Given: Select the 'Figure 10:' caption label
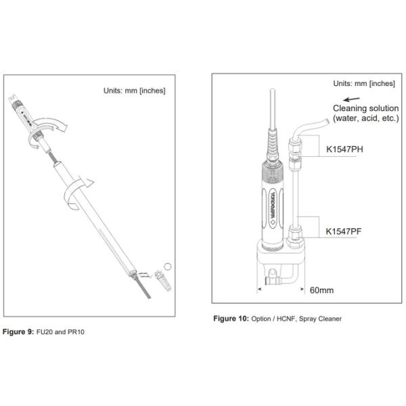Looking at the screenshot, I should (231, 318).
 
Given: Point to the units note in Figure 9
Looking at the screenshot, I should (134, 91).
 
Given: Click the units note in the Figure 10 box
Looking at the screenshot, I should (363, 83).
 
